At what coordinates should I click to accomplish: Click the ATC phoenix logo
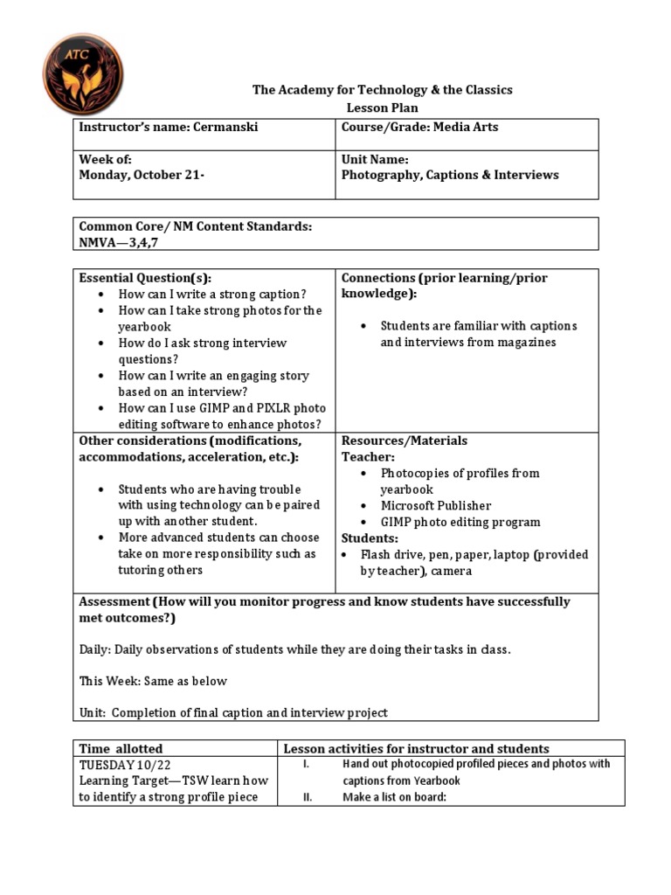pos(83,74)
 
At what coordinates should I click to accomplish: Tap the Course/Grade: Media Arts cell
pos(420,128)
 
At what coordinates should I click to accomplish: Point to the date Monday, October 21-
pos(142,175)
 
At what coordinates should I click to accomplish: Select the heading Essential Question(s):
pos(145,278)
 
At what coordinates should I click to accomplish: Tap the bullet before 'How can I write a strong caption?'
pos(103,295)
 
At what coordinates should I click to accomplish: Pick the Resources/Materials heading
pos(404,441)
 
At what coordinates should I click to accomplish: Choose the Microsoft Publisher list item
pos(435,506)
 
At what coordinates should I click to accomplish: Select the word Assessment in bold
pos(114,602)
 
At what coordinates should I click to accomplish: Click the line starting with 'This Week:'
pos(153,682)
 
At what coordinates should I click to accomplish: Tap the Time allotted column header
pos(121,749)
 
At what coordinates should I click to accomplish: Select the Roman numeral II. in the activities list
pos(308,797)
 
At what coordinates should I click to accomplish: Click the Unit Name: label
pos(375,160)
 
